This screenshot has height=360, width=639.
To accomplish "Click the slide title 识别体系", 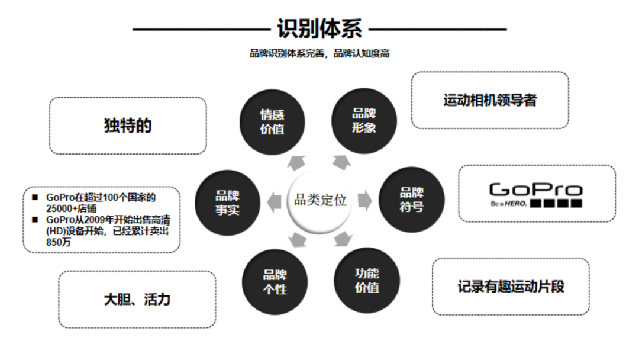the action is point(319,28).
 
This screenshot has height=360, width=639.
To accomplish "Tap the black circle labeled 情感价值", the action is point(272,121).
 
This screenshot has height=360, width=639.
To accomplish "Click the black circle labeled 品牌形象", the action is point(364,120).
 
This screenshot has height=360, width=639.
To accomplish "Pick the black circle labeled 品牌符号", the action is point(411,200).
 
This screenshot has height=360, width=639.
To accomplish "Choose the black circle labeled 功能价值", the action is point(367,280).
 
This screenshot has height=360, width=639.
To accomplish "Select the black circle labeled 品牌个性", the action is point(275,282).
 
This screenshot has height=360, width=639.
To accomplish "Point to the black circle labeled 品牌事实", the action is point(228,202).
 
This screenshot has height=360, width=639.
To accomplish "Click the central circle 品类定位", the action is point(320,200).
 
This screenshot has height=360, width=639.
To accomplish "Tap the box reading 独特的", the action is point(128,126).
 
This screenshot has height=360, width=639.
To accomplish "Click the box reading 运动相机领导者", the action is point(490,100).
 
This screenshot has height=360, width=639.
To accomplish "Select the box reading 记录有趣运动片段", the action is point(511,287).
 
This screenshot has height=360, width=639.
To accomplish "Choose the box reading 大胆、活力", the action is point(137,299).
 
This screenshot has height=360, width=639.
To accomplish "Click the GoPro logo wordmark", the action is point(535,189).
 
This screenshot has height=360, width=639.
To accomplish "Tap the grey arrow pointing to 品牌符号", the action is point(365,201).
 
